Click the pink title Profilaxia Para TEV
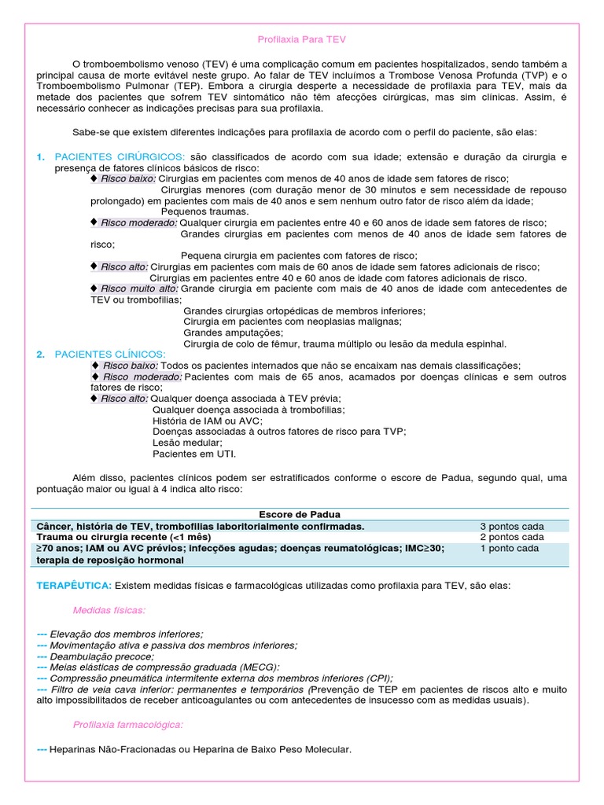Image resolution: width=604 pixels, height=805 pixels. (x=302, y=39)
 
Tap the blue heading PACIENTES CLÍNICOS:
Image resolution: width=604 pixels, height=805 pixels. (x=110, y=355)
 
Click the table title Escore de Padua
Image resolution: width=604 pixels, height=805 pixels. (x=302, y=514)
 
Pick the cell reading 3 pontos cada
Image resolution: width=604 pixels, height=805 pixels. (x=512, y=526)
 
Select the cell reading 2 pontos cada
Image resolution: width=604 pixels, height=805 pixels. (x=512, y=537)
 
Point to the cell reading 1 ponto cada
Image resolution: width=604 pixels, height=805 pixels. (x=510, y=549)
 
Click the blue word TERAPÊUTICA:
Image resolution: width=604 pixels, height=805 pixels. (x=75, y=586)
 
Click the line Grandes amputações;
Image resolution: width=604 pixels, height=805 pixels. (x=226, y=333)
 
